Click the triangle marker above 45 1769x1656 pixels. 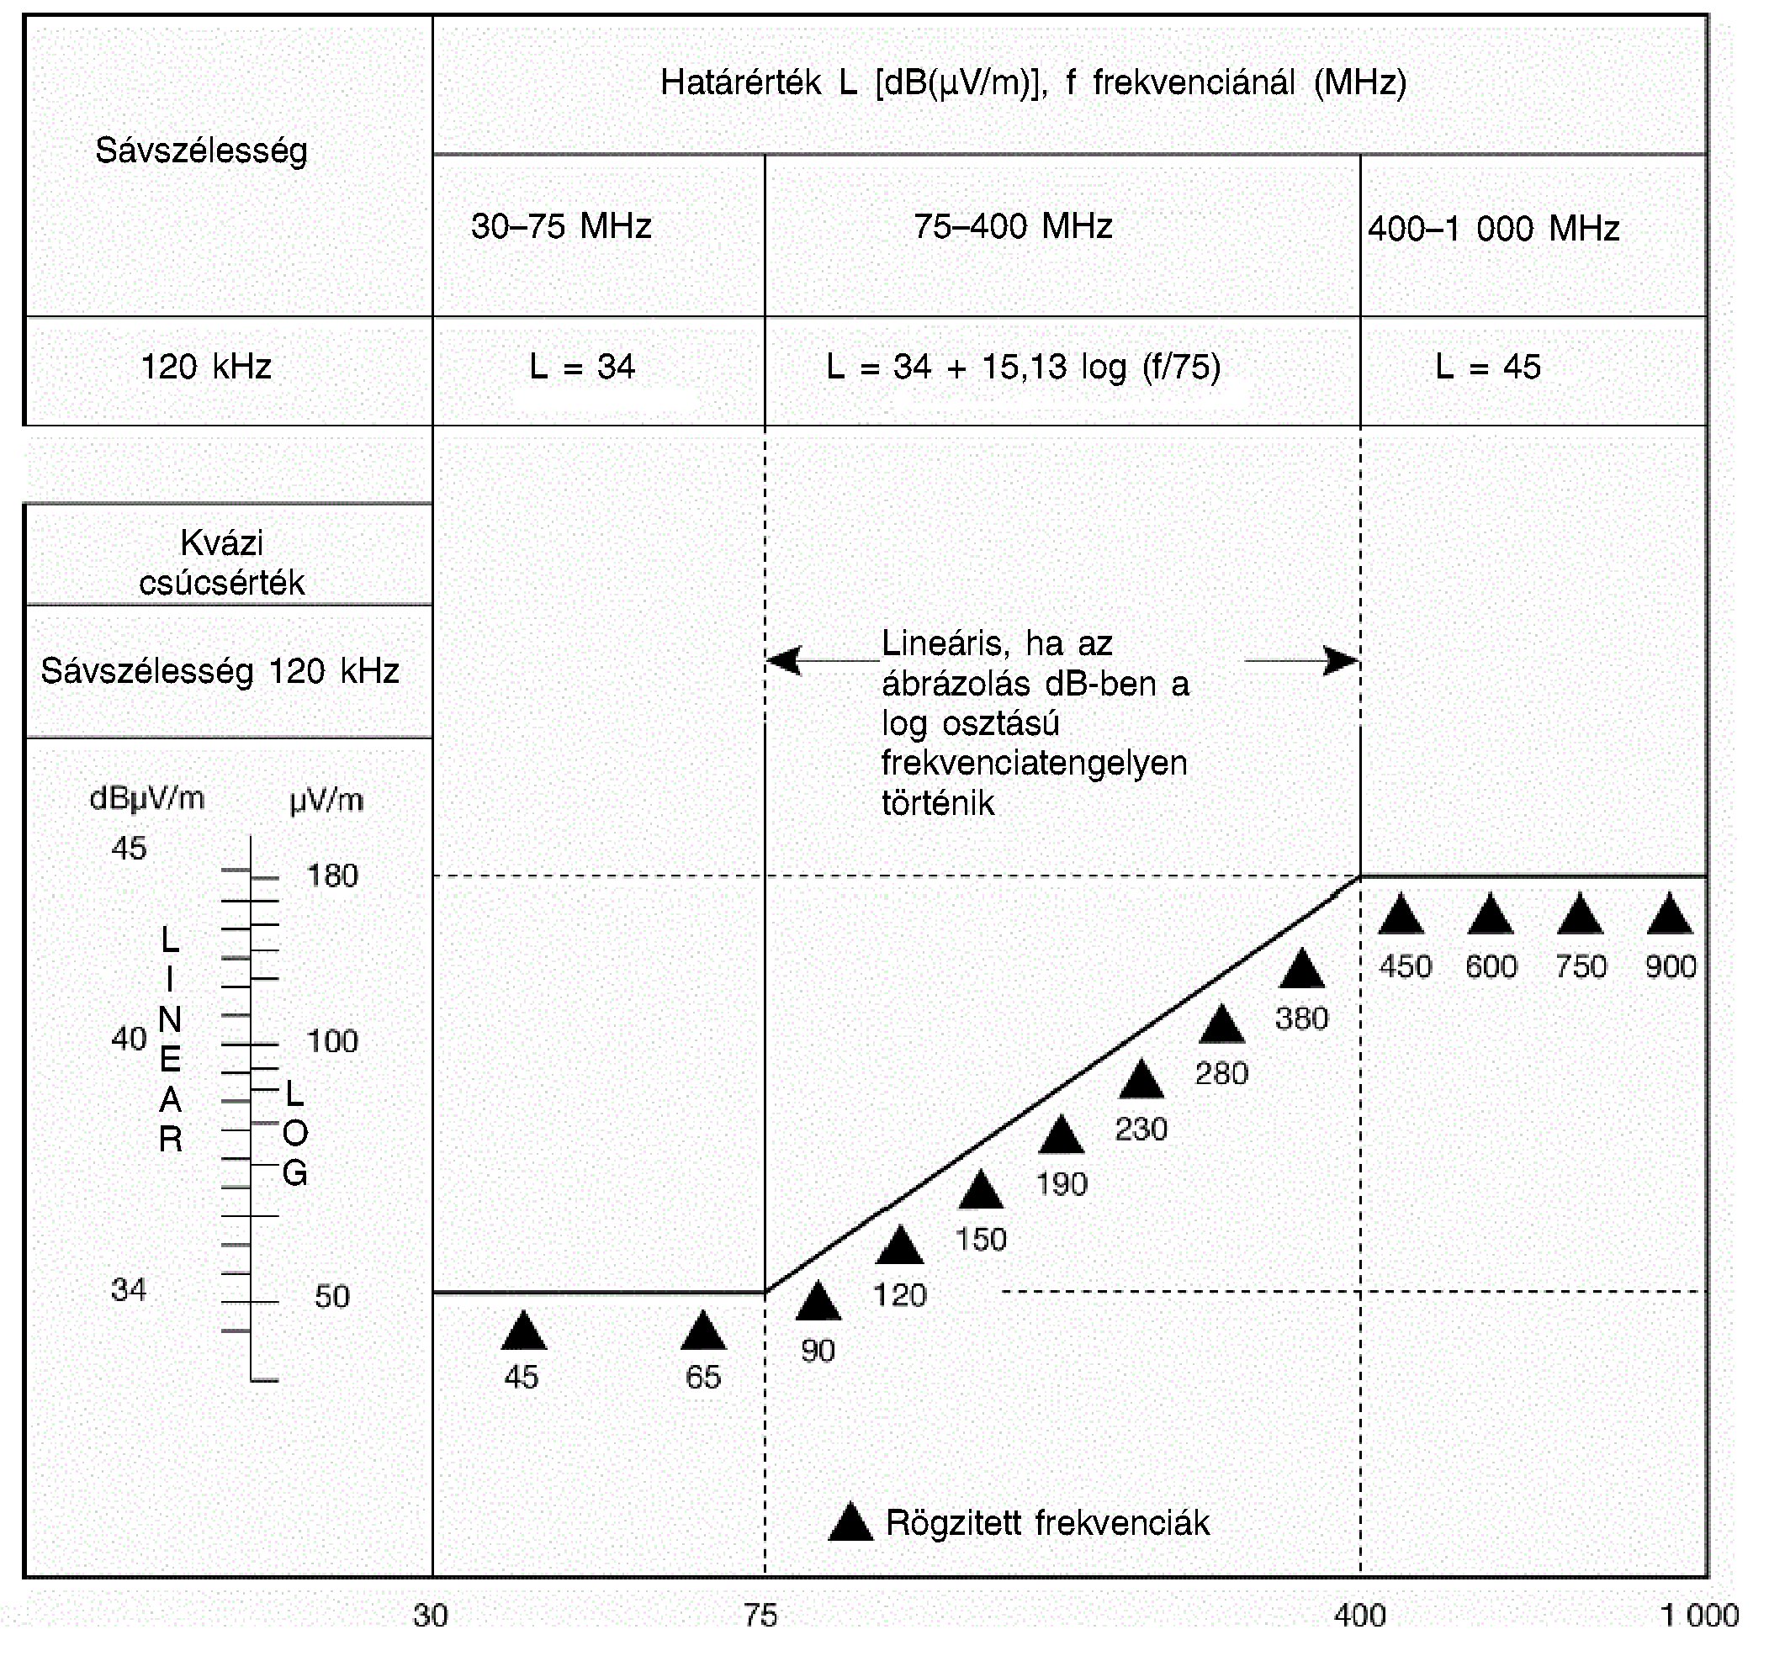(523, 1332)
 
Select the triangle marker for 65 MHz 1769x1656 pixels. (703, 1332)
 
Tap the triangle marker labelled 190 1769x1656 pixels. (1061, 1137)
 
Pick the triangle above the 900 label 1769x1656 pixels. (1670, 916)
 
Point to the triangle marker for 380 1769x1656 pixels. (1302, 970)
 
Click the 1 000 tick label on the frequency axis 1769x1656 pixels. (1698, 1615)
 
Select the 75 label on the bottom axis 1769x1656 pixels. (760, 1615)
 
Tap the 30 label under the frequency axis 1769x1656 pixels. (431, 1615)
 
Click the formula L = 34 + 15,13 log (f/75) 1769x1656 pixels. (1024, 367)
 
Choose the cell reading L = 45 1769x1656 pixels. (1488, 367)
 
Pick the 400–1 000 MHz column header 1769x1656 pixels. (1493, 229)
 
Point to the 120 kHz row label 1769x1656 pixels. (205, 367)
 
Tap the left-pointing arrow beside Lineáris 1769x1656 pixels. (785, 660)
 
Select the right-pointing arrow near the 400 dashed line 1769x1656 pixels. (1339, 660)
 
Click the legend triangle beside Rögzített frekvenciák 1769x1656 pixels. (850, 1522)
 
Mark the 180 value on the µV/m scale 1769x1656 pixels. (332, 876)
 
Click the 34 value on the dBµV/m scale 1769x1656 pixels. (129, 1289)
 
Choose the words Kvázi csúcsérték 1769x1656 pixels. (221, 563)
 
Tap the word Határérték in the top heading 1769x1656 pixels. (740, 82)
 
